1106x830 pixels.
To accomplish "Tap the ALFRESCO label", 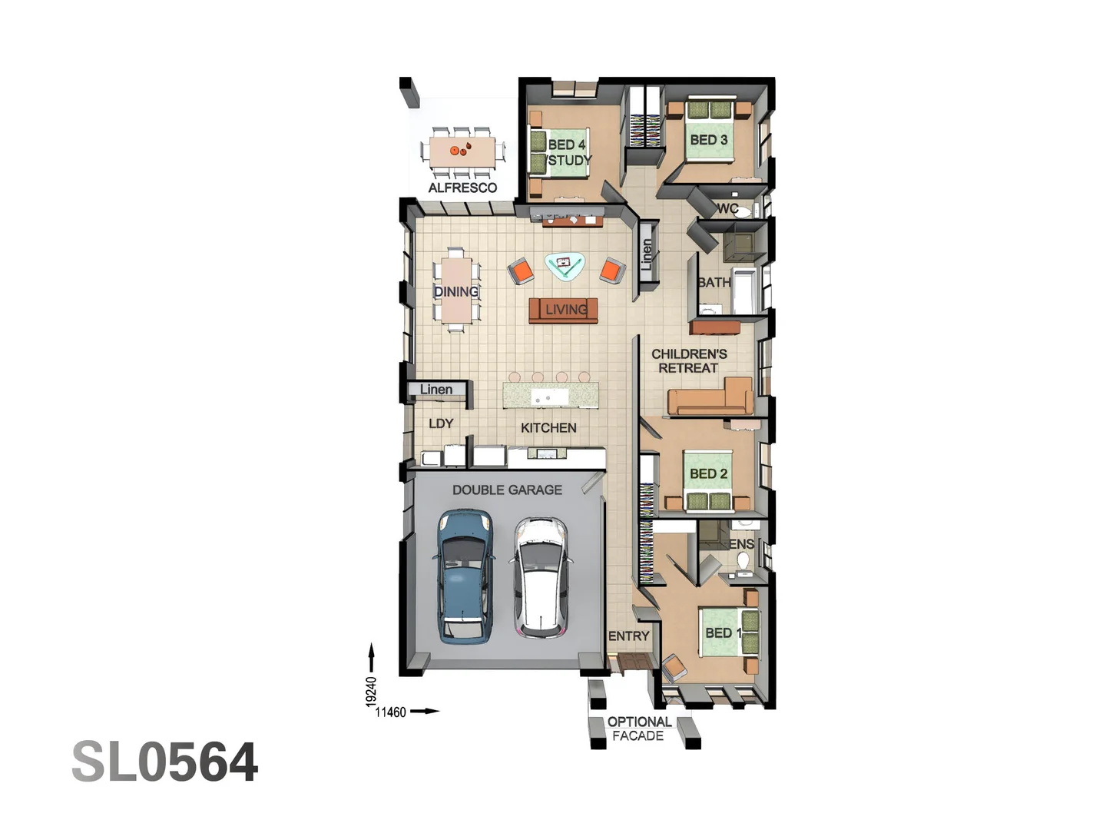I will pyautogui.click(x=462, y=188).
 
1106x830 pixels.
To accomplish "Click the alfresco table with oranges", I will pyautogui.click(x=462, y=150).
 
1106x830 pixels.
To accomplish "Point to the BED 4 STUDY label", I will pyautogui.click(x=568, y=152).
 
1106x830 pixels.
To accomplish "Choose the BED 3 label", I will pyautogui.click(x=708, y=140).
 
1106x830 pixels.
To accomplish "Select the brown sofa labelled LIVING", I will pyautogui.click(x=563, y=310).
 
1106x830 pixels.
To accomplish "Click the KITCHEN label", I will pyautogui.click(x=548, y=428).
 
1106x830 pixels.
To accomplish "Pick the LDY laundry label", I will pyautogui.click(x=441, y=423).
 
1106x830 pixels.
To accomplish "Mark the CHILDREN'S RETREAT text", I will pyautogui.click(x=689, y=361).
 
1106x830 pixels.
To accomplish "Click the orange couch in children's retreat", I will pyautogui.click(x=710, y=398).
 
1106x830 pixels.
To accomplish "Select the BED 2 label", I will pyautogui.click(x=708, y=474).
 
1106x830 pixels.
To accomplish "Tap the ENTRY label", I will pyautogui.click(x=629, y=636).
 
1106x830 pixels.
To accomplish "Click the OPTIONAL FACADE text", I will pyautogui.click(x=639, y=729).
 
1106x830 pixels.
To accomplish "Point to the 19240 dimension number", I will pyautogui.click(x=372, y=692).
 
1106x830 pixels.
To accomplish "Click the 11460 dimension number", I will pyautogui.click(x=390, y=712).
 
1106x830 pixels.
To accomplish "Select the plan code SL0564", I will pyautogui.click(x=165, y=762).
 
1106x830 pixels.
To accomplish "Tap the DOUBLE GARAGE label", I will pyautogui.click(x=507, y=490).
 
